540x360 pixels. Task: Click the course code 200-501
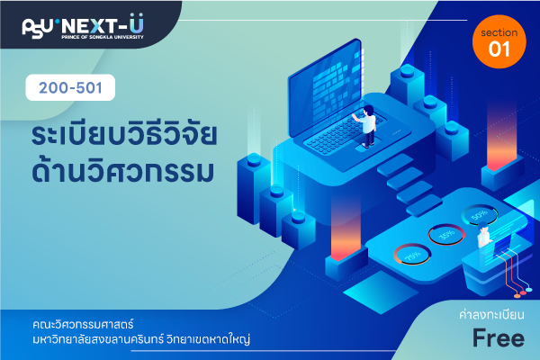70,88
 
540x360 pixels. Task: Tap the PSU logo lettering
38,28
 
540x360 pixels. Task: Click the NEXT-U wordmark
103,25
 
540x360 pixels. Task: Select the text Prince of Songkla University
103,37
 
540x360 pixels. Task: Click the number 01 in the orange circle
499,49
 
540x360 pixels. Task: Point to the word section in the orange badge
499,32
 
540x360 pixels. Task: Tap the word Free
499,338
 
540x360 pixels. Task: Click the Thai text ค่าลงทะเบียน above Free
491,314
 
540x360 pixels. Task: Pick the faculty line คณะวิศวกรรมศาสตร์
83,324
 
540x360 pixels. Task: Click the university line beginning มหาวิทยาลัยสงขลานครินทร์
141,339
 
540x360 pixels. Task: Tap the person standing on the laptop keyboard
367,126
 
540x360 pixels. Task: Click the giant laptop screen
326,86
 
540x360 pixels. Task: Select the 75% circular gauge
412,255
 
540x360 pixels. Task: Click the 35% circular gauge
446,235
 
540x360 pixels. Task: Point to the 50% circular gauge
480,215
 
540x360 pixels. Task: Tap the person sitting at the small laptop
484,234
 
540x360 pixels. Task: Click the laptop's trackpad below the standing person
365,148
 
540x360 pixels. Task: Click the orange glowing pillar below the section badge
502,138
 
